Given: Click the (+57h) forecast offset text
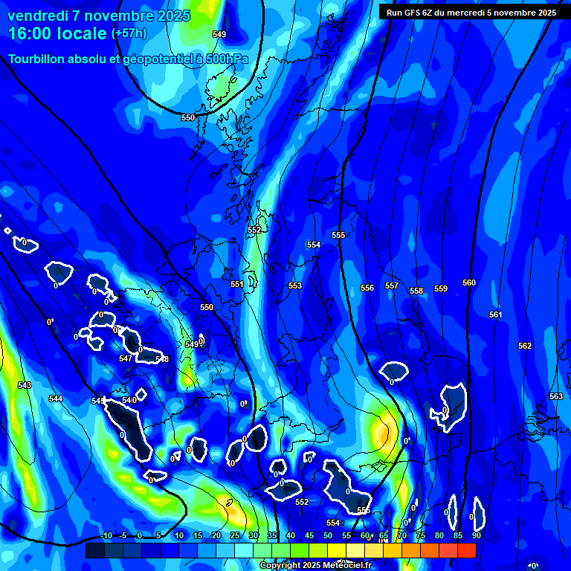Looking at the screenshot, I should click(129, 33).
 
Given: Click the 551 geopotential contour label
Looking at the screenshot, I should click(237, 284).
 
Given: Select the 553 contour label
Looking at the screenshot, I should click(295, 285).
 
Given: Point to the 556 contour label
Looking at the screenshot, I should click(367, 288).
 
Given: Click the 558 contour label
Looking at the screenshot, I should click(416, 291).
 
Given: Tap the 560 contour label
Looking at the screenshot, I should click(469, 283).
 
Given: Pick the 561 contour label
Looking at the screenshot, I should click(496, 314).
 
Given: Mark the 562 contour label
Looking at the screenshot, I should click(525, 346).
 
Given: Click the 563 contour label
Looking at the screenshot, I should click(555, 396).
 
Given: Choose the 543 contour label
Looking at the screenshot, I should click(25, 385).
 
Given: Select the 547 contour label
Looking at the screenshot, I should click(126, 358).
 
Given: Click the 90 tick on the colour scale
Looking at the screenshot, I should click(476, 535).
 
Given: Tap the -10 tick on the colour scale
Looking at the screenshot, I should click(106, 535).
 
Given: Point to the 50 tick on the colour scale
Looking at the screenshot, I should click(328, 535).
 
